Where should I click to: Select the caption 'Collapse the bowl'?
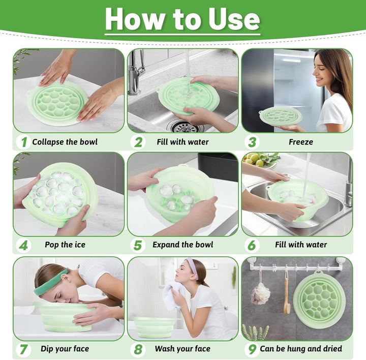click(65, 142)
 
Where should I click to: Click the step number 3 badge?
click(251, 141)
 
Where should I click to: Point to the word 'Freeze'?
click(300, 142)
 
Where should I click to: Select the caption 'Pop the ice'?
click(65, 245)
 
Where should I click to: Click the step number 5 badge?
click(137, 245)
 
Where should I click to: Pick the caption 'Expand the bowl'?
click(182, 245)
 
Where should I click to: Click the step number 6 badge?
click(251, 245)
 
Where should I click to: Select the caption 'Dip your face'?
click(65, 348)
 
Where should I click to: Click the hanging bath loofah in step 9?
click(260, 293)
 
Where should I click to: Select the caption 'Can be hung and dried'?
click(300, 348)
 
